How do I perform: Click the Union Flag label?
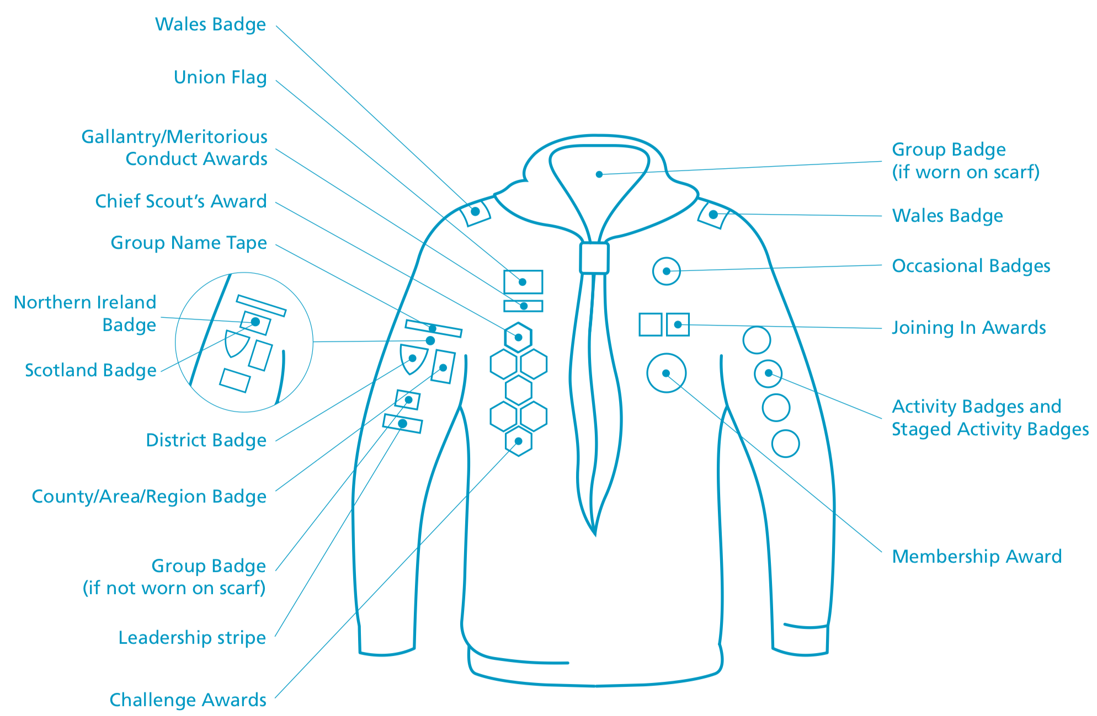pyautogui.click(x=220, y=77)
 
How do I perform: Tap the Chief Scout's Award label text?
pyautogui.click(x=180, y=201)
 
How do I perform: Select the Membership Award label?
pyautogui.click(x=977, y=557)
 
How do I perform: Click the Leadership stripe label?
pyautogui.click(x=192, y=638)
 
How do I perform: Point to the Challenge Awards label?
pyautogui.click(x=188, y=700)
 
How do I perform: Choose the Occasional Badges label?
pyautogui.click(x=971, y=266)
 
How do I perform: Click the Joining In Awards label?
pyautogui.click(x=968, y=328)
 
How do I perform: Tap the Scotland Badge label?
pyautogui.click(x=90, y=370)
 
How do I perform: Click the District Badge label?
pyautogui.click(x=206, y=440)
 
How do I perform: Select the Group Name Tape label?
pyautogui.click(x=189, y=243)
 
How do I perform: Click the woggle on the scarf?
pyautogui.click(x=594, y=258)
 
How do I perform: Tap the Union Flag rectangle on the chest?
pyautogui.click(x=523, y=282)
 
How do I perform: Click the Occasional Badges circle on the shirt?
pyautogui.click(x=666, y=271)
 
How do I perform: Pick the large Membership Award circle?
pyautogui.click(x=666, y=373)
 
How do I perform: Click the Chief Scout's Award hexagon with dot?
pyautogui.click(x=518, y=338)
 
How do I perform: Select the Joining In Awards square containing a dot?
pyautogui.click(x=678, y=324)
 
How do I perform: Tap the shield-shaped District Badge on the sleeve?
pyautogui.click(x=413, y=359)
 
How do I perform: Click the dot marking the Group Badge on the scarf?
pyautogui.click(x=599, y=174)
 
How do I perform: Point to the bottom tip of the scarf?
pyautogui.click(x=595, y=533)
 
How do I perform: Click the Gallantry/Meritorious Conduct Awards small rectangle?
pyautogui.click(x=523, y=306)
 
